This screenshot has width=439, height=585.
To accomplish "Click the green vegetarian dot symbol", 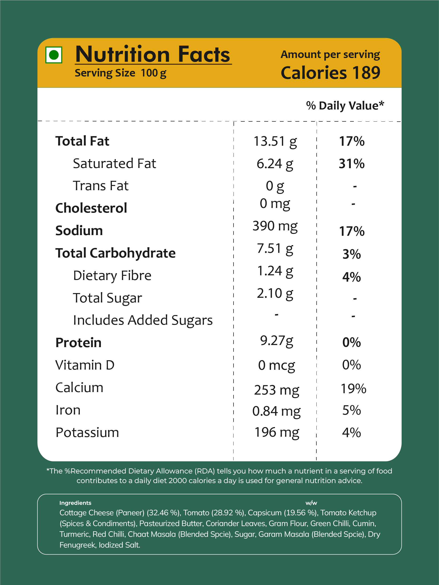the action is click(54, 55).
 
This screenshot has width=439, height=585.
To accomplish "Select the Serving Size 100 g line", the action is click(121, 73).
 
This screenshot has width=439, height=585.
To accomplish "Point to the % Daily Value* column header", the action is click(345, 105).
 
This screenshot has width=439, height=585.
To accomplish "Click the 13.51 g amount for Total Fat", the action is click(275, 142).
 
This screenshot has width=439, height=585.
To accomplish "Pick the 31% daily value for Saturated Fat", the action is click(352, 164).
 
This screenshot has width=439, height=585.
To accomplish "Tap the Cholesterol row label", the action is click(91, 208).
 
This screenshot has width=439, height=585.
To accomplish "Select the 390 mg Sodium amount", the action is click(275, 226).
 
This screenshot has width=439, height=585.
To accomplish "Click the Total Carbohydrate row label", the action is click(115, 253).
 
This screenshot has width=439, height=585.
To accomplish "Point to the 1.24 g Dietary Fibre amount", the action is click(275, 271).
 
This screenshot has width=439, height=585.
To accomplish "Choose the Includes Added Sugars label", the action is click(143, 320).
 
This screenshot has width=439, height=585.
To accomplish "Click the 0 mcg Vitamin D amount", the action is click(277, 366).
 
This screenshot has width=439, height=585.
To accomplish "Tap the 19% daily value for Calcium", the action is click(353, 389).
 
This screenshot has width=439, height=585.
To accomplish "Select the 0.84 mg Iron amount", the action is click(277, 411).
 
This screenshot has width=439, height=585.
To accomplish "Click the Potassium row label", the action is click(87, 433).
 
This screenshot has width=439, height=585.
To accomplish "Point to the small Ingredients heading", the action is click(75, 503).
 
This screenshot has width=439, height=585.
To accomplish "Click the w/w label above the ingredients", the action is click(311, 503).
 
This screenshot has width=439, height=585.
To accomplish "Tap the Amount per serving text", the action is click(330, 55).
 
